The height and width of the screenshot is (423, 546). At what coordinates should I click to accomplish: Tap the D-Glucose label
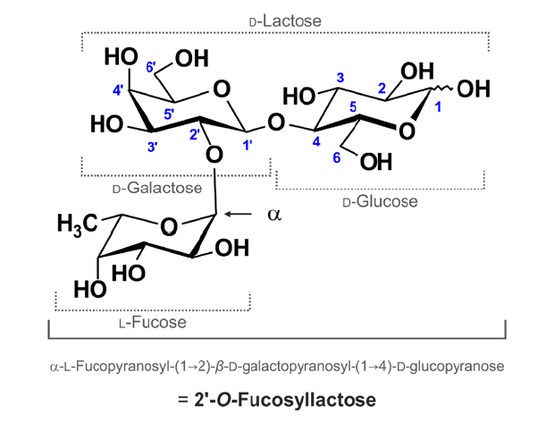pyautogui.click(x=380, y=202)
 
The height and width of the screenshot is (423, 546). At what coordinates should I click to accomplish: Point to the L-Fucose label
pyautogui.click(x=130, y=317)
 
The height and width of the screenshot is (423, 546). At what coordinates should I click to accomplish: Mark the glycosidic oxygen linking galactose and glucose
pyautogui.click(x=276, y=120)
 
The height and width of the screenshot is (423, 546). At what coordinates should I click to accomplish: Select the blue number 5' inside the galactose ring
pyautogui.click(x=168, y=114)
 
